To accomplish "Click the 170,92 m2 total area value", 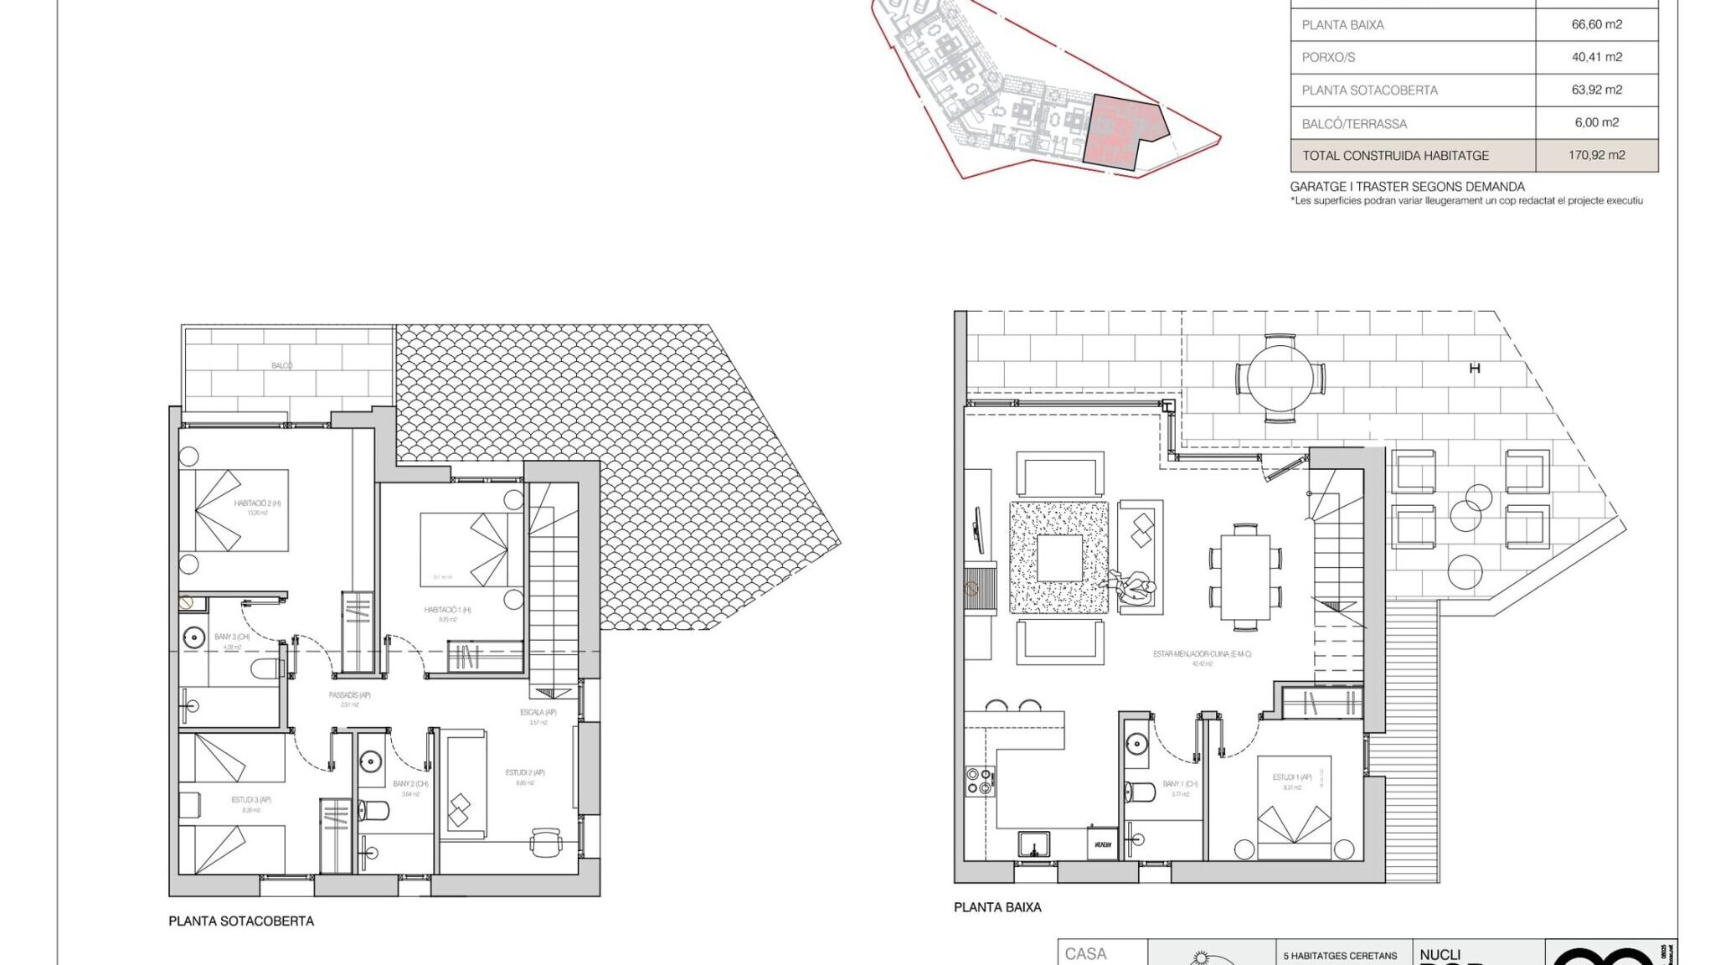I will (1596, 155).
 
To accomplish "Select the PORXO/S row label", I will (1328, 57).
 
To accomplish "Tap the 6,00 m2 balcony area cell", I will (1596, 122).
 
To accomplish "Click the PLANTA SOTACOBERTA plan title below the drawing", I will (241, 921).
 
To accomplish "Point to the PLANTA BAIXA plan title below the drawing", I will (997, 907).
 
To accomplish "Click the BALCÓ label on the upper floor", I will (282, 366).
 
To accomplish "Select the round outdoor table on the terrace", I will (1280, 377).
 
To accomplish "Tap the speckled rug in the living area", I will (1059, 558).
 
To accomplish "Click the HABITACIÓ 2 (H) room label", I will (257, 503).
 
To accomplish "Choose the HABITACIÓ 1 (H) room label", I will (447, 610).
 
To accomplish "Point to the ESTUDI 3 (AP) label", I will (251, 800).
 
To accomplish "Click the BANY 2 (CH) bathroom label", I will (410, 784).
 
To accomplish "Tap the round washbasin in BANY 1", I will (1136, 743).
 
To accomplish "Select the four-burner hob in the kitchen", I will (980, 781).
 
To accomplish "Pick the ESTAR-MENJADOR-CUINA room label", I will (1202, 654).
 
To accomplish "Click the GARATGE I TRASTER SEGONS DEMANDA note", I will (1407, 187).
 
